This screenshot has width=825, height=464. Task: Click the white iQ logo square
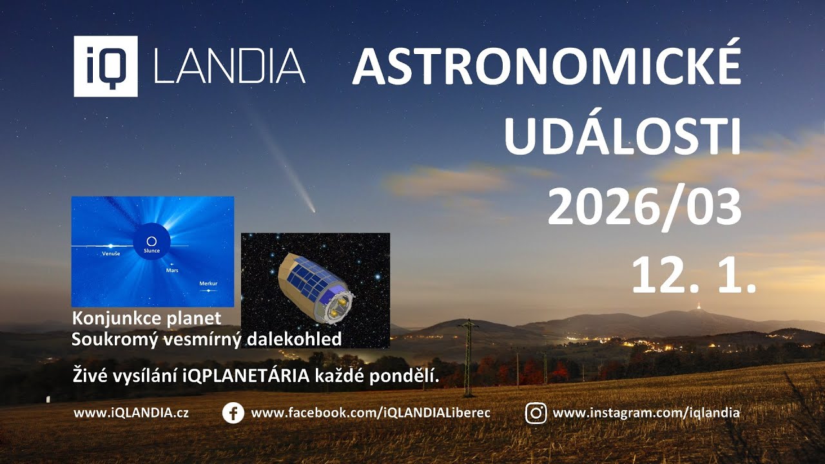point(106,66)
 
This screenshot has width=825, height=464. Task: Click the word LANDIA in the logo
point(229,66)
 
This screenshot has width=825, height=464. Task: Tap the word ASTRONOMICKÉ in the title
point(546,66)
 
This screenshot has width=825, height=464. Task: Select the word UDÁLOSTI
point(622,137)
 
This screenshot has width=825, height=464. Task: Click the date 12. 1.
point(693,275)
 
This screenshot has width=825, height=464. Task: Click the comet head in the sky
point(312,209)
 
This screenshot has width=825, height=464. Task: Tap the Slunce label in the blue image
point(151,251)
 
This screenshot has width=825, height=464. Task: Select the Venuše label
point(111,254)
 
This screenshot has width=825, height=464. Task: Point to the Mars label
point(172,271)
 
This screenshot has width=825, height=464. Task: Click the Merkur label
point(208,284)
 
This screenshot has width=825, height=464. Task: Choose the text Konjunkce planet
point(147,318)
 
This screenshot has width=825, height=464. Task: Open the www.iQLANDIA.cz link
point(131,413)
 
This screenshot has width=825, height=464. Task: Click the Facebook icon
point(233,413)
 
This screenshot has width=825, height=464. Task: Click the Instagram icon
point(536,413)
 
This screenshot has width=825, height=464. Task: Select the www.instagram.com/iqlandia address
point(646,413)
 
